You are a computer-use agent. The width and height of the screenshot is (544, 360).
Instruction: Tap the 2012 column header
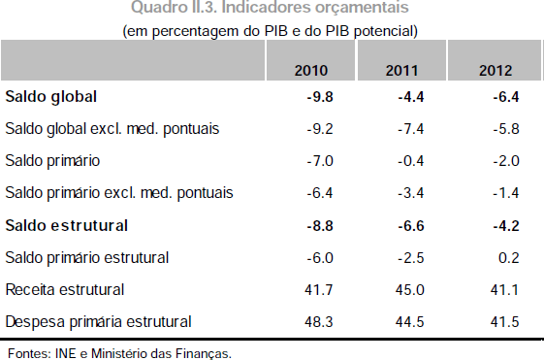[x=496, y=71]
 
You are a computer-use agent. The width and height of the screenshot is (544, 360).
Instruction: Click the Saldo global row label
[x=51, y=97]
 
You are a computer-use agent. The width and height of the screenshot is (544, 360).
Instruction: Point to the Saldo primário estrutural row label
[x=88, y=257]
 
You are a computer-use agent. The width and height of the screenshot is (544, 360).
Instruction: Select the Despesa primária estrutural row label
[x=98, y=321]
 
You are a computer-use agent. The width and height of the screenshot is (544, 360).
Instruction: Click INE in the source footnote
[x=63, y=352]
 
